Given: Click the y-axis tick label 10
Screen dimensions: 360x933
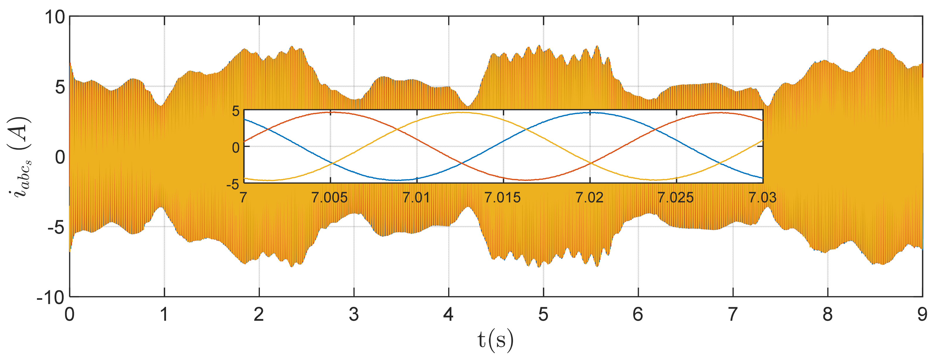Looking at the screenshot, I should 54,17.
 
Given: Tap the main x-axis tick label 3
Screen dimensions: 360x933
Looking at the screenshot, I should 354,314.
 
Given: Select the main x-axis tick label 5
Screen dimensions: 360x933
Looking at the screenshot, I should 543,314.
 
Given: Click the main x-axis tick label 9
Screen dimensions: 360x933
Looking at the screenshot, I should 922,314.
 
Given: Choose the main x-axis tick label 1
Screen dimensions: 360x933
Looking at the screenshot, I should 164,314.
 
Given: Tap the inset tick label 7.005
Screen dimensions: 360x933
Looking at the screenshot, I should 330,198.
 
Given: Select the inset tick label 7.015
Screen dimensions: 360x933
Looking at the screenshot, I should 503,198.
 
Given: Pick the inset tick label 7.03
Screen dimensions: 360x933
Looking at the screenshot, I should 762,198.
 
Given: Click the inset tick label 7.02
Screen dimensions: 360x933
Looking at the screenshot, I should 590,198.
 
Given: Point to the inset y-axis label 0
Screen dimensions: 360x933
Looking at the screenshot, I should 236,147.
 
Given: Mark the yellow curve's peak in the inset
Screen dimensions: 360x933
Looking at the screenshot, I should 460,112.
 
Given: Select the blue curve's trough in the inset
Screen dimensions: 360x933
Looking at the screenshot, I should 397,180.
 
